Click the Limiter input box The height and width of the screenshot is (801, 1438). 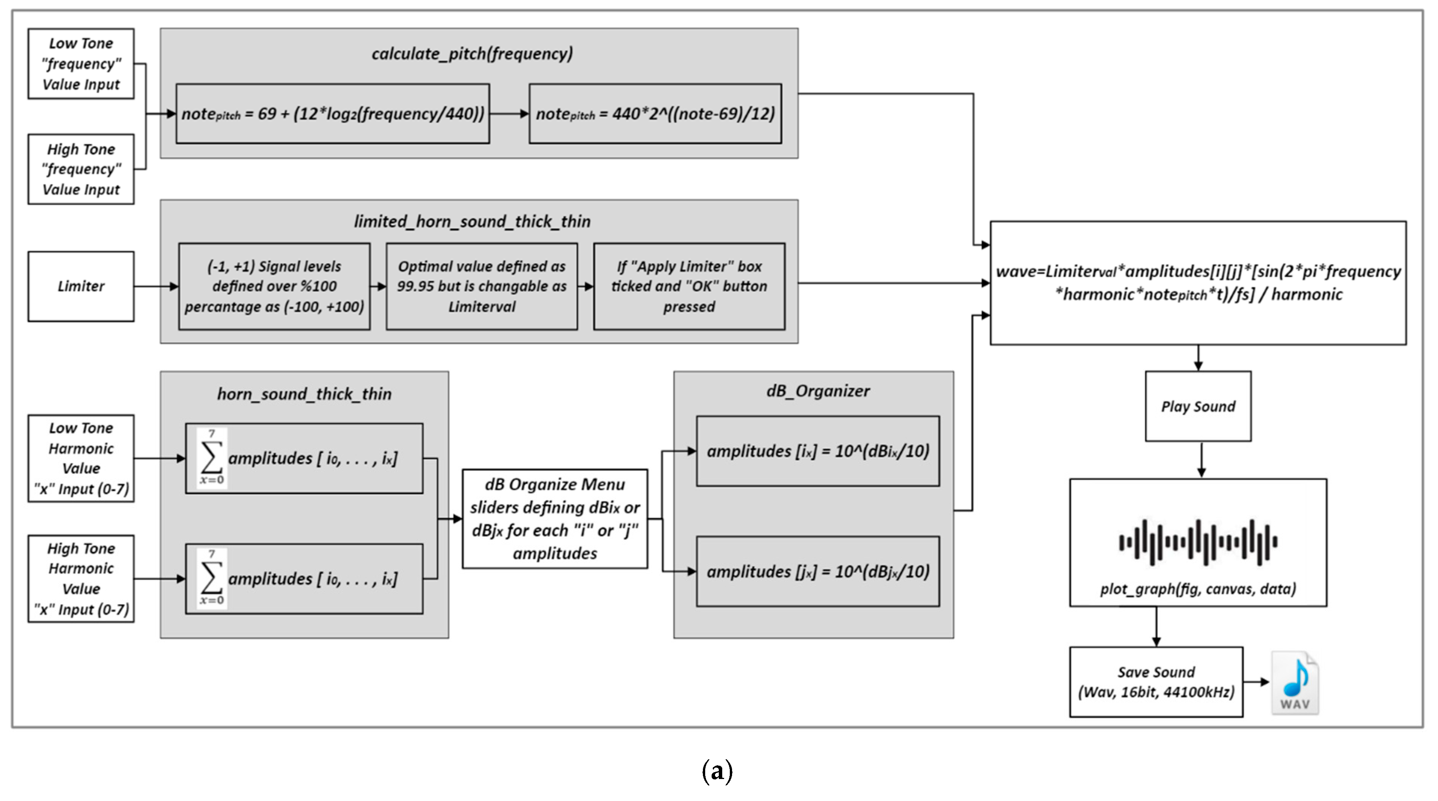81,286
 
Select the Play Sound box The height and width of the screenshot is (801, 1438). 1198,406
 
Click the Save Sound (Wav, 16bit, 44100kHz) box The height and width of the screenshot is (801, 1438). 1156,682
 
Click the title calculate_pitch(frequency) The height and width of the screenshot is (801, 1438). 472,53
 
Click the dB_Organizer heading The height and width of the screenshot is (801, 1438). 818,391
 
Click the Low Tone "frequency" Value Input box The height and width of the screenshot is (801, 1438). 81,64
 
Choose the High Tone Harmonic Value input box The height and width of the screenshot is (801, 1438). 81,579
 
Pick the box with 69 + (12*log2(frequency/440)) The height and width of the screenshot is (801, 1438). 333,114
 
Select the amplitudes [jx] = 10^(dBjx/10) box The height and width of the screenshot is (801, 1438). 818,572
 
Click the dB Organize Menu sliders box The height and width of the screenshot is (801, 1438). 555,519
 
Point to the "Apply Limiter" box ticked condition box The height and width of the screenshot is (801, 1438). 689,286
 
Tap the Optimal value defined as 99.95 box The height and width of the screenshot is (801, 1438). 481,286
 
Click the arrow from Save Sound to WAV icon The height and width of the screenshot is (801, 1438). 1256,682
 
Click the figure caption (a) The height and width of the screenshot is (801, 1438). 717,771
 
